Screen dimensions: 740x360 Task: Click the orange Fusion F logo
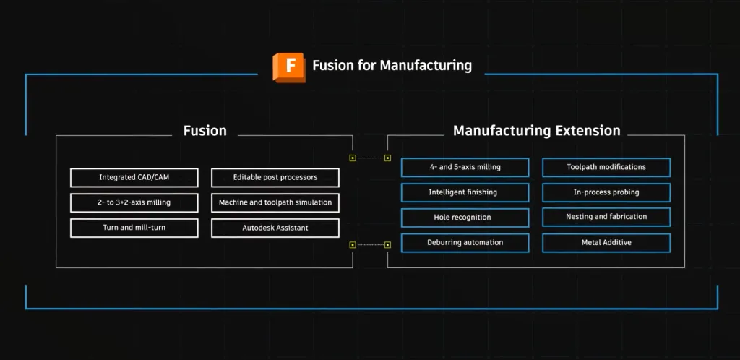pos(289,67)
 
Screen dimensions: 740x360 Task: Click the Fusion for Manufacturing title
pos(392,65)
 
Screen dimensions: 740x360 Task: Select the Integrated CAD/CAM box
pos(134,177)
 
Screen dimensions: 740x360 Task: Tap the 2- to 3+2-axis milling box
pos(134,202)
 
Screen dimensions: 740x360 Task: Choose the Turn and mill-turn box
pos(134,228)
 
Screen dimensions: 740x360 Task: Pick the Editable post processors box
pos(275,177)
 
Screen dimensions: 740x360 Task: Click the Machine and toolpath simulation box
pos(275,202)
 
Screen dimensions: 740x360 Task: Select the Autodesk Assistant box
pos(275,228)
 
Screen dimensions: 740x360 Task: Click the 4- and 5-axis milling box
pos(465,167)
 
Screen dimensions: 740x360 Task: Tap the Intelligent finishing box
pos(465,192)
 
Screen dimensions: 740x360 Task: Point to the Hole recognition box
pos(465,218)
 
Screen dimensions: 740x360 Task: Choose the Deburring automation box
pos(465,242)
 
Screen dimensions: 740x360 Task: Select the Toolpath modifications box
pos(606,167)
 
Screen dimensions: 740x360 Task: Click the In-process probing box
pos(606,192)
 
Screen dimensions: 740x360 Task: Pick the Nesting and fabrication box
pos(606,217)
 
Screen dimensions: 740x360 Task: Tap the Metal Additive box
pos(606,242)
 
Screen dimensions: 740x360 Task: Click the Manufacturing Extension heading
pos(537,130)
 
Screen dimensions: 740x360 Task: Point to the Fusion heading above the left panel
pos(205,130)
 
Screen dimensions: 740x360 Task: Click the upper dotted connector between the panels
pos(370,158)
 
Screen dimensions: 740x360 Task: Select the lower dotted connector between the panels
pos(370,244)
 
